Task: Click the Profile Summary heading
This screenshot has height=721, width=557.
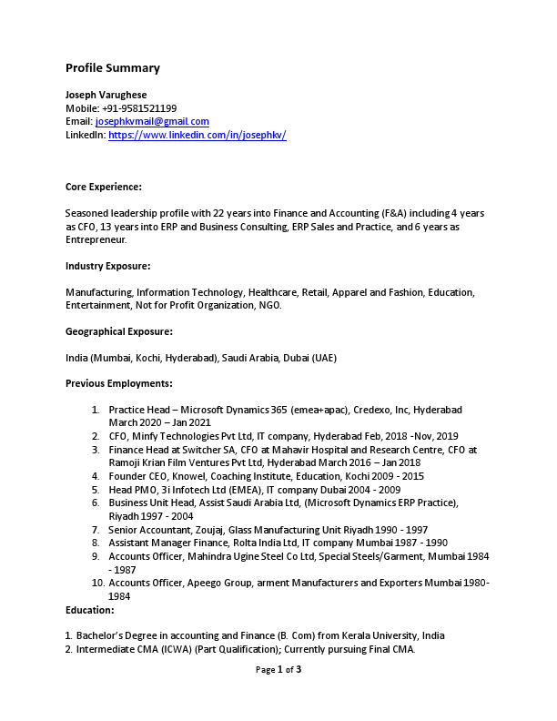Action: tap(112, 68)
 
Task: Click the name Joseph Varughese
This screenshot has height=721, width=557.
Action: tap(106, 95)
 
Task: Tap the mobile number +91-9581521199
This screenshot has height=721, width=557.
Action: tap(139, 108)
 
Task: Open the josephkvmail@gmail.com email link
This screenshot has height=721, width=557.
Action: tap(152, 121)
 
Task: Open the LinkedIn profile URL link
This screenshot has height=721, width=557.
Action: tap(197, 135)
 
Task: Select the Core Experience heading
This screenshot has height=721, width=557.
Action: tap(103, 187)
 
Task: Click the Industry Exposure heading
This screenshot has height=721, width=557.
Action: tap(107, 266)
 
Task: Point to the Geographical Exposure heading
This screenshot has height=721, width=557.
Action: tap(118, 331)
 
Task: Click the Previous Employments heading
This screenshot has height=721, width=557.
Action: tap(118, 383)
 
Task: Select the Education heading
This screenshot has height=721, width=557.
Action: tap(89, 609)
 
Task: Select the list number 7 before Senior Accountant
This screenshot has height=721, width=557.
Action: tap(96, 529)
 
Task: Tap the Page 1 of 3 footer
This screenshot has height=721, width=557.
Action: tap(278, 670)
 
